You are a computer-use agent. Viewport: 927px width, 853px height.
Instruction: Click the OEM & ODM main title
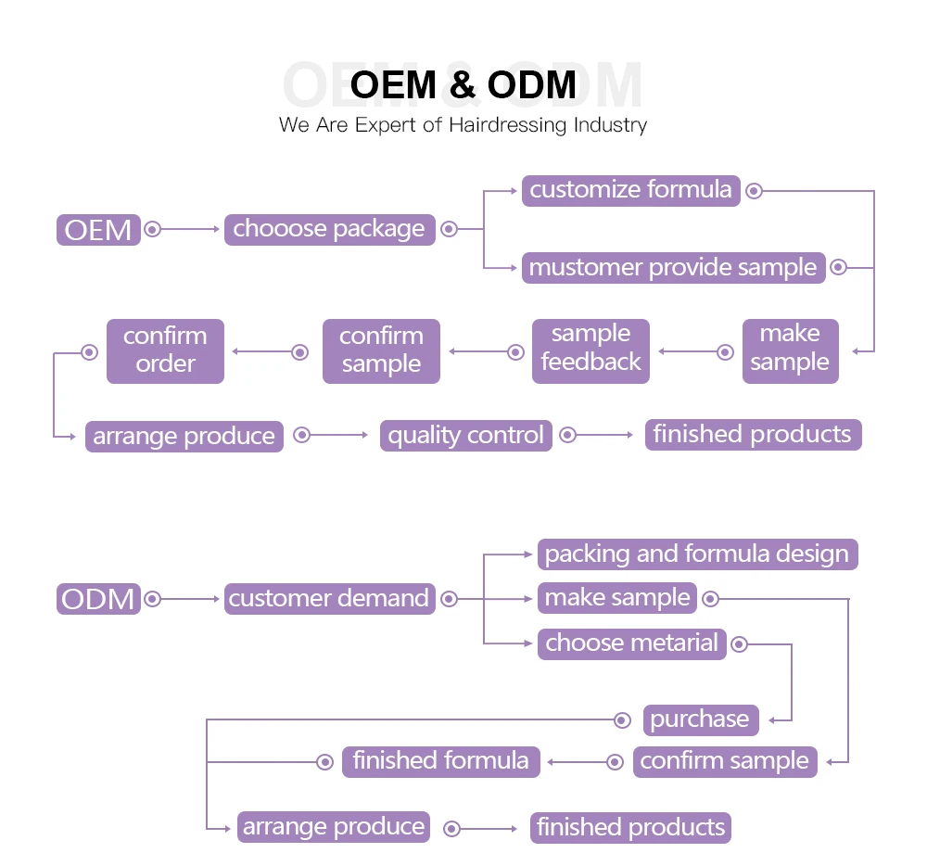[x=463, y=85]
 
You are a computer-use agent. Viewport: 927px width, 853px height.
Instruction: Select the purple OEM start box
[x=98, y=229]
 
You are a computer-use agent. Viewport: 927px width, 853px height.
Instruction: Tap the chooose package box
[x=329, y=229]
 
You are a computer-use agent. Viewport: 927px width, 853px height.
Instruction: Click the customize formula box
[x=630, y=190]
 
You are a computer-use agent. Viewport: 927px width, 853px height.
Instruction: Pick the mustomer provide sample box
[x=673, y=268]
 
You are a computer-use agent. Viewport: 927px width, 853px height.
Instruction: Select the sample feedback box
[x=590, y=350]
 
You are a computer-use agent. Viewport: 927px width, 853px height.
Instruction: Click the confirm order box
[x=165, y=350]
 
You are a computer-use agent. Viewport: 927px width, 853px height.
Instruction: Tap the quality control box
[x=465, y=435]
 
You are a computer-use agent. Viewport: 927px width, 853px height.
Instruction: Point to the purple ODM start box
[x=98, y=599]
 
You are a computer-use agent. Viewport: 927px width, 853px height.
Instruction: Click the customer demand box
[x=329, y=599]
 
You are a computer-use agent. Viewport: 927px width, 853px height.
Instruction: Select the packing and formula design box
[x=697, y=554]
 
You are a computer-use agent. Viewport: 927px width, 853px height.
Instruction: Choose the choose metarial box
[x=632, y=643]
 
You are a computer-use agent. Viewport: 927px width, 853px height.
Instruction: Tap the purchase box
[x=700, y=719]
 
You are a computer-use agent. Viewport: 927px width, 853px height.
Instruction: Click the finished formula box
[x=440, y=762]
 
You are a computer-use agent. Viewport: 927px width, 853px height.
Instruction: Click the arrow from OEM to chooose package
[x=190, y=229]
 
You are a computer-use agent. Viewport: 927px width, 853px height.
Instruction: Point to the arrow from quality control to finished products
[x=605, y=435]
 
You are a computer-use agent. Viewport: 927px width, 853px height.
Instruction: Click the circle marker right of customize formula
[x=755, y=191]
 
